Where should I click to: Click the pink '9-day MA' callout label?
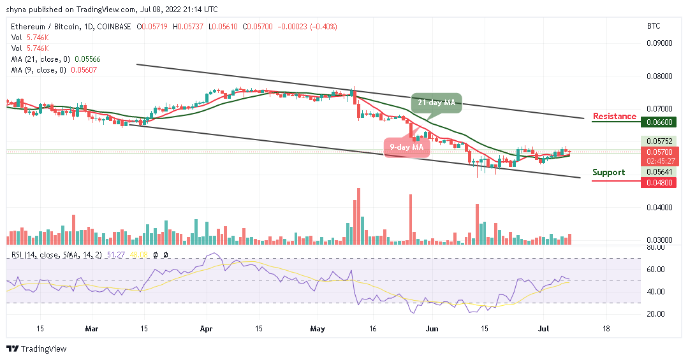(406, 147)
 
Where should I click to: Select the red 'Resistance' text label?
(615, 116)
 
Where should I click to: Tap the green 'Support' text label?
(608, 172)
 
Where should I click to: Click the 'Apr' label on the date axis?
(205, 329)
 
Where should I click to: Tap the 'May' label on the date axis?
(318, 329)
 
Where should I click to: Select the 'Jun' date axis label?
(432, 329)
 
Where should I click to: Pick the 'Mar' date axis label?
(92, 329)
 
